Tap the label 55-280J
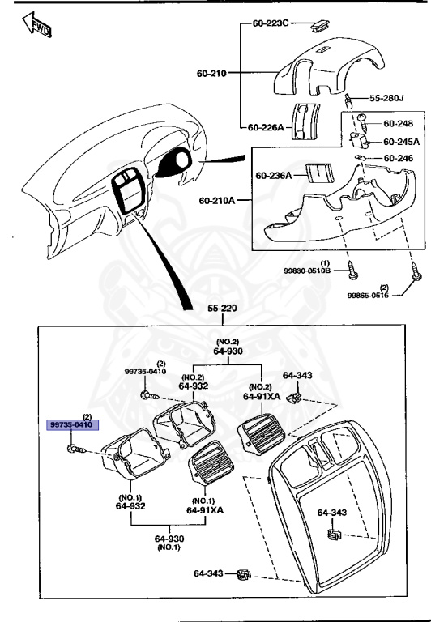point(386,98)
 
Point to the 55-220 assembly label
point(223,309)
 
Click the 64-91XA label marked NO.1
point(205,510)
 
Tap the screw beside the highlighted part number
point(75,447)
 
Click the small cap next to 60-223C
point(319,24)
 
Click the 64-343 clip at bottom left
point(241,576)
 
